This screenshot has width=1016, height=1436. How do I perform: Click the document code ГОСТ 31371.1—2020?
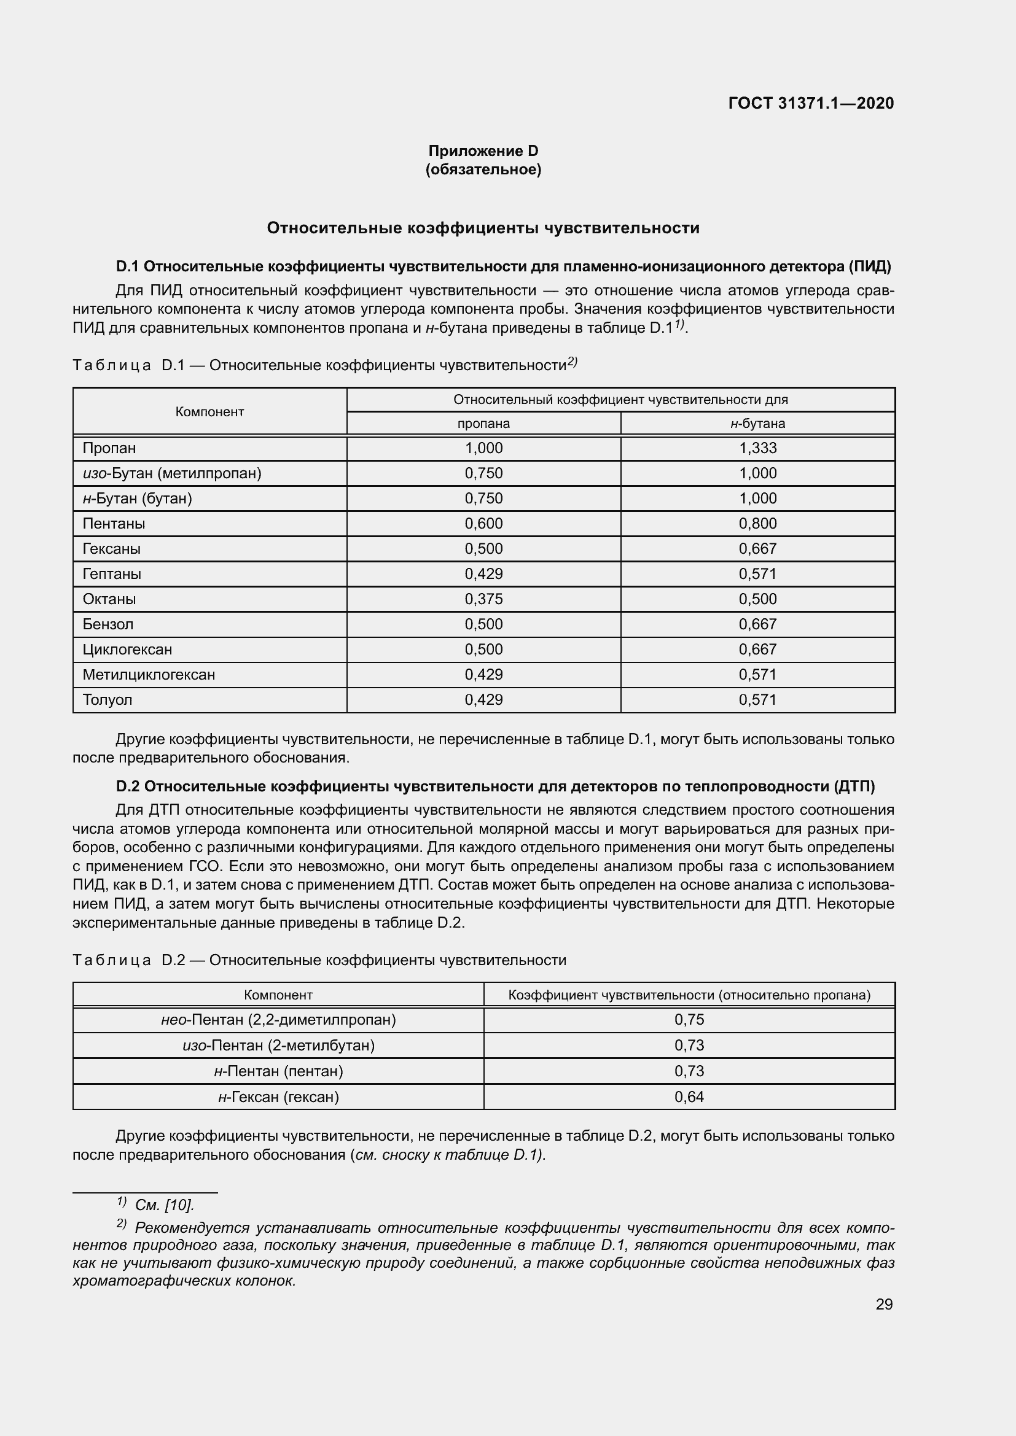coord(811,103)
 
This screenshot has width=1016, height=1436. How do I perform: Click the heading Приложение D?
coord(483,151)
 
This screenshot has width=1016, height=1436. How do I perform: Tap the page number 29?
coord(884,1304)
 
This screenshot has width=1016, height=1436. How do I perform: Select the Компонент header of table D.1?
coord(209,411)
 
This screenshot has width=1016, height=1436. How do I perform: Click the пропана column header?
coord(483,424)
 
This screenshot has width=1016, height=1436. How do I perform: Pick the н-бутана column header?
coord(757,424)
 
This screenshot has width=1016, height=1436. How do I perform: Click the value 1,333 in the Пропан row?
coord(757,448)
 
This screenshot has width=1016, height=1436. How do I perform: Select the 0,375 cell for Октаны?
coord(483,599)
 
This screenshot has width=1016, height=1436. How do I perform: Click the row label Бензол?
coord(108,624)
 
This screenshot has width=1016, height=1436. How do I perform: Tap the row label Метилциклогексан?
coord(149,674)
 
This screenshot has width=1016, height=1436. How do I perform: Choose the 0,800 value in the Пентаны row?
coord(757,524)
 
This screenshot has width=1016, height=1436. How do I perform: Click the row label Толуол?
coord(107,700)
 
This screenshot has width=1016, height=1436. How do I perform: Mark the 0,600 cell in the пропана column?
coord(483,524)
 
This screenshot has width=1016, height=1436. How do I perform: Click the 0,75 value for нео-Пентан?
coord(689,1020)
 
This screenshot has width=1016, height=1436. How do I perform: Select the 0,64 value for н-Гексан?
coord(689,1096)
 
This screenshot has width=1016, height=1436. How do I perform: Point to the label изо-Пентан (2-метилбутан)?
coord(278,1046)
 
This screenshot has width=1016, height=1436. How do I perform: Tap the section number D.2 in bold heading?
coord(128,786)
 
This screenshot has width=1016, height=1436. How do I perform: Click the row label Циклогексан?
coord(128,649)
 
